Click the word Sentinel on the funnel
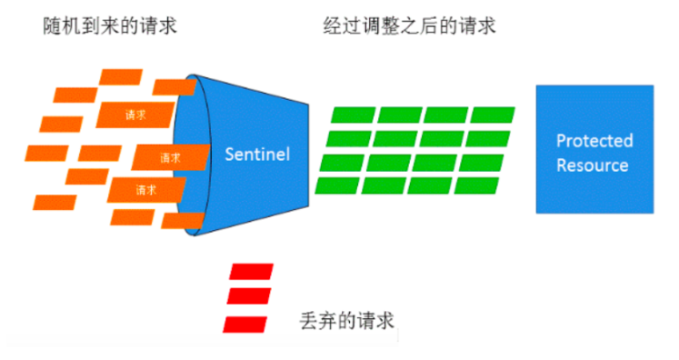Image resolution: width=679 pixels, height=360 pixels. (x=257, y=154)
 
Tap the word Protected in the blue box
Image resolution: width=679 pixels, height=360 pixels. (x=594, y=141)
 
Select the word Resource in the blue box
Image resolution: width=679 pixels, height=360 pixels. (x=593, y=165)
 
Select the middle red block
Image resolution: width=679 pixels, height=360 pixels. (x=248, y=297)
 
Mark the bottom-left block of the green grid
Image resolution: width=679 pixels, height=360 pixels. (x=337, y=185)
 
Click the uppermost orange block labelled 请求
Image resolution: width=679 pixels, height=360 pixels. (x=134, y=115)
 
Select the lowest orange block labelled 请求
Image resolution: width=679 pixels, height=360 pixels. (x=145, y=190)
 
